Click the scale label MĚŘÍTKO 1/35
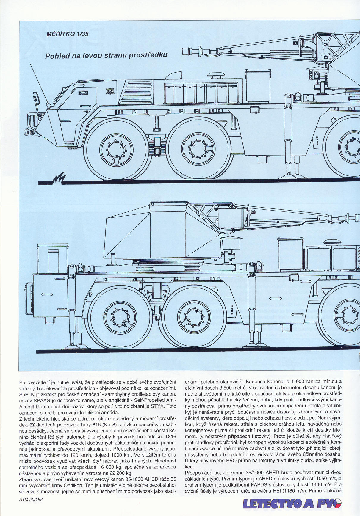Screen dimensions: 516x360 point(68,34)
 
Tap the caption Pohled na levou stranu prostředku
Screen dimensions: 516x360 point(106,55)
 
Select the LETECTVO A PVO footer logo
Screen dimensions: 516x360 point(292,504)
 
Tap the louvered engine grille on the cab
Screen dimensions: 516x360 point(137,92)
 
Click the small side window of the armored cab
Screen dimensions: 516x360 point(83,93)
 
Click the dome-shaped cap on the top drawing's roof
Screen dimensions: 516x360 point(215,75)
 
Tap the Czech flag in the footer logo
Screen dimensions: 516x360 point(336,503)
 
